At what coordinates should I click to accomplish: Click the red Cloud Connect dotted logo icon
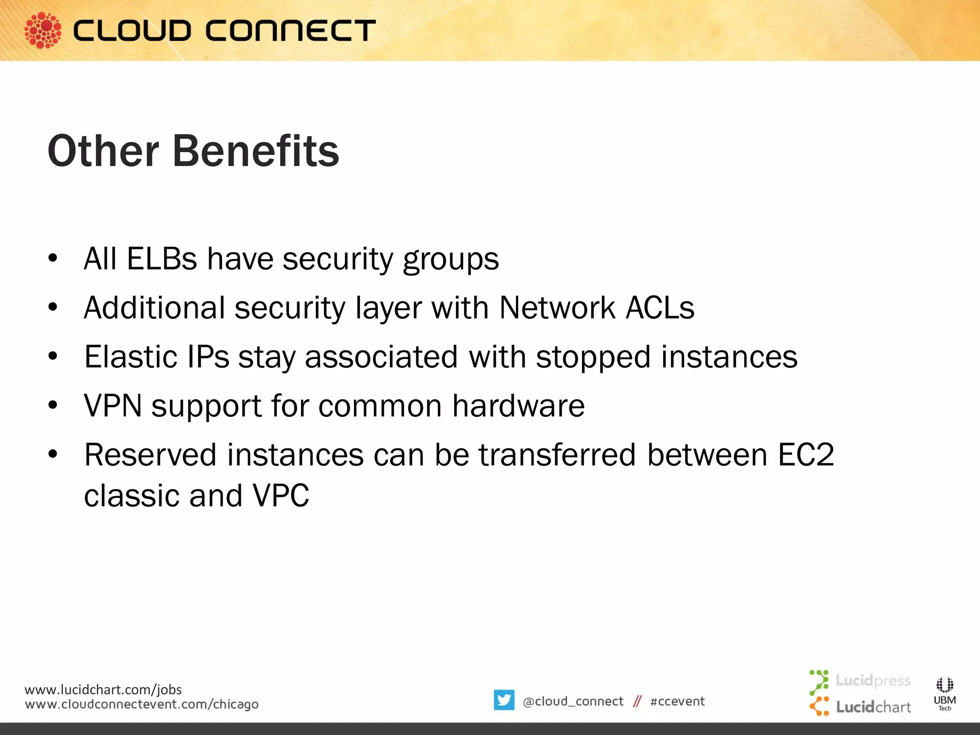point(43,30)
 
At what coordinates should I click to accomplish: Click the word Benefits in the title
point(256,151)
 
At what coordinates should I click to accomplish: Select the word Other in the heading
point(103,151)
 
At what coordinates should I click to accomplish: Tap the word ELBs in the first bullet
point(162,259)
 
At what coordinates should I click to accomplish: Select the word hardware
point(518,406)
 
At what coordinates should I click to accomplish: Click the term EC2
point(806,455)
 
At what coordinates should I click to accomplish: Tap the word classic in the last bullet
point(131,496)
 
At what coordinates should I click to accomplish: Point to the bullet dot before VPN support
point(53,405)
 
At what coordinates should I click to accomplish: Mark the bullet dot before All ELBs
point(53,258)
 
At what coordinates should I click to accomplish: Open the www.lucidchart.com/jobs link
point(103,690)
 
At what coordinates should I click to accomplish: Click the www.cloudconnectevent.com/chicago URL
point(142,704)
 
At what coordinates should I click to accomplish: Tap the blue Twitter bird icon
point(504,700)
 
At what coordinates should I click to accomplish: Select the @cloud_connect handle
point(573,702)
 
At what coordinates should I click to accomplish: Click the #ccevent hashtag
point(677,702)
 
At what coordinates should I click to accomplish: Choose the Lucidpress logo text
point(872,680)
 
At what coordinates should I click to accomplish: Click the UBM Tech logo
point(945,694)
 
